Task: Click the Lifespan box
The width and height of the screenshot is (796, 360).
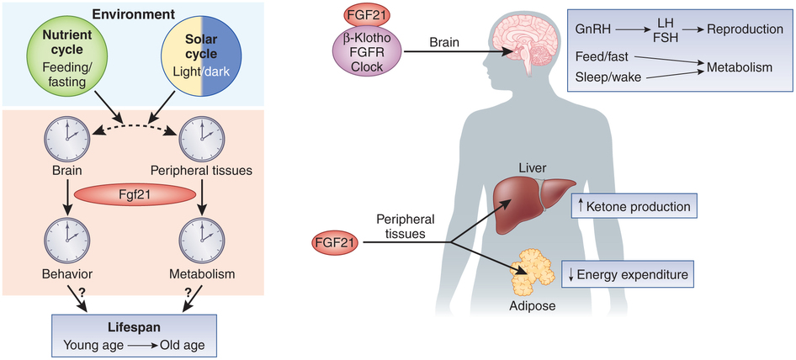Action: tap(133, 335)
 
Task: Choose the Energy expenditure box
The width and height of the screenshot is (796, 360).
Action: tap(627, 273)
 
